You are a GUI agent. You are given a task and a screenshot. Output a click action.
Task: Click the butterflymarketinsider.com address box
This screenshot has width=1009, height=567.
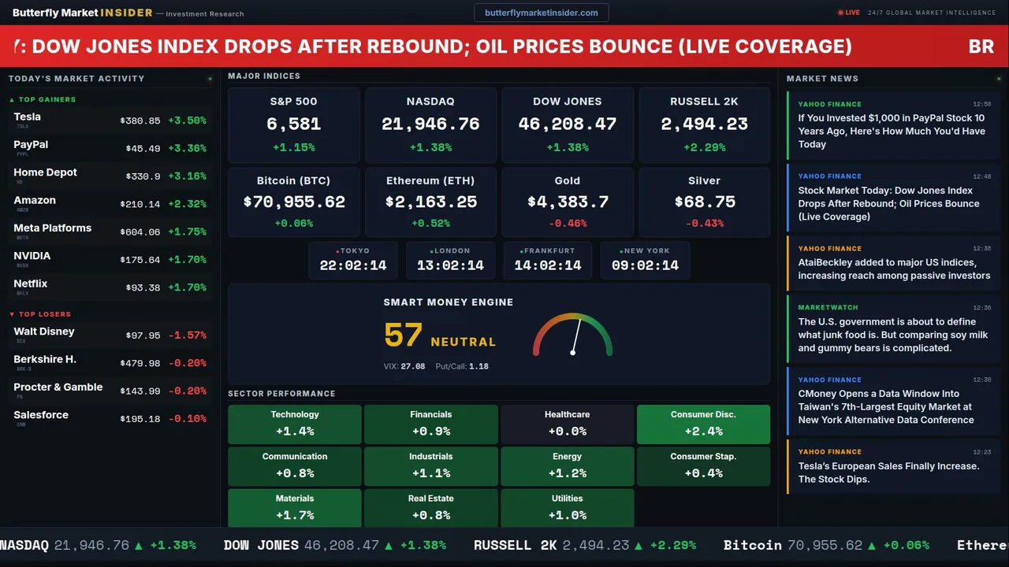click(x=541, y=13)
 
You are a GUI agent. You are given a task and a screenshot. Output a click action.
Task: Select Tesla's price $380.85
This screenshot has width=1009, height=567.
click(x=140, y=121)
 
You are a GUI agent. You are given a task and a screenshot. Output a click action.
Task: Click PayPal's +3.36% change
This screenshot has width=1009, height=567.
click(x=188, y=149)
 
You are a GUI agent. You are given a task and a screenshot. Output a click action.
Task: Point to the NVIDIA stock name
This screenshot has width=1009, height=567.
click(x=32, y=256)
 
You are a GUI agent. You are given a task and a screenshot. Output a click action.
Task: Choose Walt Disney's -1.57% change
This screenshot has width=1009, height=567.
click(x=188, y=335)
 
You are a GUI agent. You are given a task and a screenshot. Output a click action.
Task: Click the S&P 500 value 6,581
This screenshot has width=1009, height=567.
click(x=293, y=124)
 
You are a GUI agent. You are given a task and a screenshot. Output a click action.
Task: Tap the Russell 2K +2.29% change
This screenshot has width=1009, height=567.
click(x=704, y=147)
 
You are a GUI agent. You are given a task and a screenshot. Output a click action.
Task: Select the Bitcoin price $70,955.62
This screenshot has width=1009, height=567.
click(x=294, y=202)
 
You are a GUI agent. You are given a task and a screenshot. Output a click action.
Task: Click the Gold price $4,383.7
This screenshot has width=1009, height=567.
click(x=568, y=202)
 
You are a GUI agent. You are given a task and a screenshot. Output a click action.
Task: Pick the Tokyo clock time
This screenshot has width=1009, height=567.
click(x=353, y=265)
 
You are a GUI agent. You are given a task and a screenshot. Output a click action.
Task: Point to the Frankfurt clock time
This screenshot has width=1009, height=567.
click(x=548, y=265)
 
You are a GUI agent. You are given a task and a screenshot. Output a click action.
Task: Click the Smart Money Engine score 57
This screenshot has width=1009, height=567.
click(x=404, y=335)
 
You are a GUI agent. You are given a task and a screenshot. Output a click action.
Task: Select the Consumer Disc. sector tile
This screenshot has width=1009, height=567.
click(x=703, y=424)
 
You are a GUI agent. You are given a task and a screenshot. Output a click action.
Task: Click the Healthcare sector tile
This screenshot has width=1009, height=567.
click(x=567, y=424)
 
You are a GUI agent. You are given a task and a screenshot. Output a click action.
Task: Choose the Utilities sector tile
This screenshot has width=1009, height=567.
click(x=567, y=508)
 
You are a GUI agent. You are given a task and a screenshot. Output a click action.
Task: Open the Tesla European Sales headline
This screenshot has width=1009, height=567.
click(x=888, y=472)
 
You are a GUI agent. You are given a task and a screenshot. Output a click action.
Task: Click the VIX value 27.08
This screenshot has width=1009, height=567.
click(x=413, y=366)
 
